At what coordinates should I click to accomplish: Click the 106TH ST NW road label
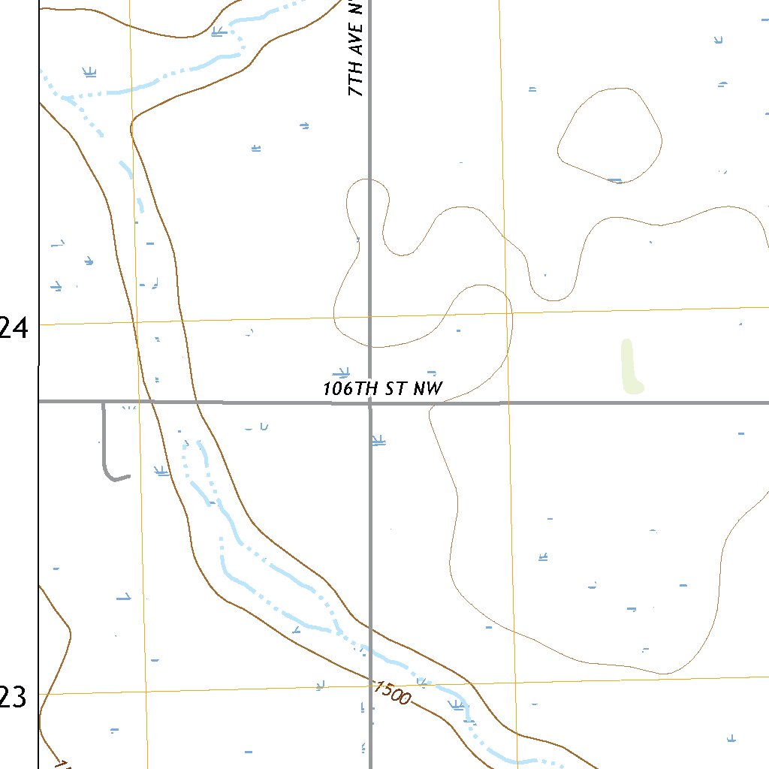click(x=383, y=388)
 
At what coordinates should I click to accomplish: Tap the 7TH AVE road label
click(x=356, y=50)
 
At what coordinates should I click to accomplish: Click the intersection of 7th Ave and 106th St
click(x=369, y=403)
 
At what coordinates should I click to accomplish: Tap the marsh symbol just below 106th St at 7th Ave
click(x=378, y=440)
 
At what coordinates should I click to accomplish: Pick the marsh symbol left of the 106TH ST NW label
click(x=343, y=372)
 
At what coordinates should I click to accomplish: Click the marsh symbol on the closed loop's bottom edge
click(x=615, y=180)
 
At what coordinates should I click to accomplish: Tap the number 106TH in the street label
click(x=352, y=388)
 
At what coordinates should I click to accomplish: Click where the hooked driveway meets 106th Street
click(x=104, y=403)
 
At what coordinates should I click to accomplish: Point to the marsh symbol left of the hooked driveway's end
click(x=160, y=471)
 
